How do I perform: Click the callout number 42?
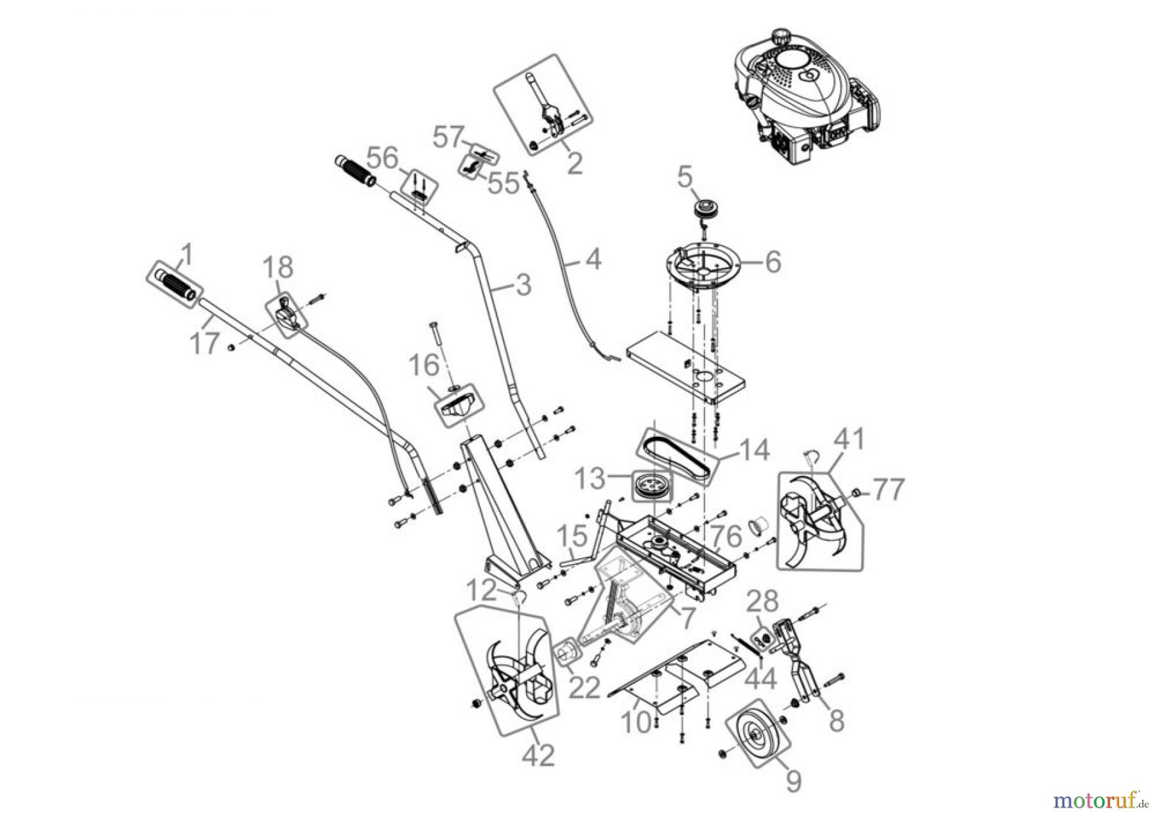point(538,755)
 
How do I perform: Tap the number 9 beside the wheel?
point(794,780)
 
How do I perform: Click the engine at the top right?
point(803,103)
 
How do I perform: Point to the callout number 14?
point(754,450)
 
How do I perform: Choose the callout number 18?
point(277,267)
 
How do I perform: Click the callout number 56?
point(383,159)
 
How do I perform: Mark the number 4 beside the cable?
point(593,259)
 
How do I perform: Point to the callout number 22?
point(584,688)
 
